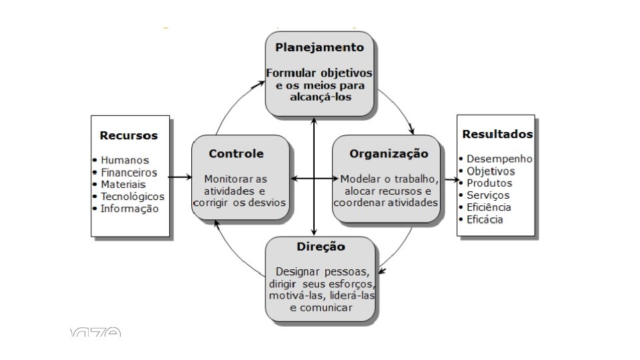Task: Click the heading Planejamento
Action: pos(319,47)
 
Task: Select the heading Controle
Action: pos(236,153)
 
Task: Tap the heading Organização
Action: pos(389,153)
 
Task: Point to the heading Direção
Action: pos(321,247)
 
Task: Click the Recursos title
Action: pos(129,135)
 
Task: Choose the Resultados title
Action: pos(497,134)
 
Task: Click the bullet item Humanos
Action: pos(125,160)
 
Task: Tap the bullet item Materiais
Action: pos(123,184)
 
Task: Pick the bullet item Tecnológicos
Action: pos(132,196)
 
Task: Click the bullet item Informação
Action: pos(129,208)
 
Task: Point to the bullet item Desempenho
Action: pos(499,159)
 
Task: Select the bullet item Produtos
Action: pos(489,183)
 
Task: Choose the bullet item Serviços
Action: pos(488,195)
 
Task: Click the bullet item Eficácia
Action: pos(485,219)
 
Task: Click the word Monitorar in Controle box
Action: pos(226,179)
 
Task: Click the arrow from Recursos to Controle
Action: pos(181,177)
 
